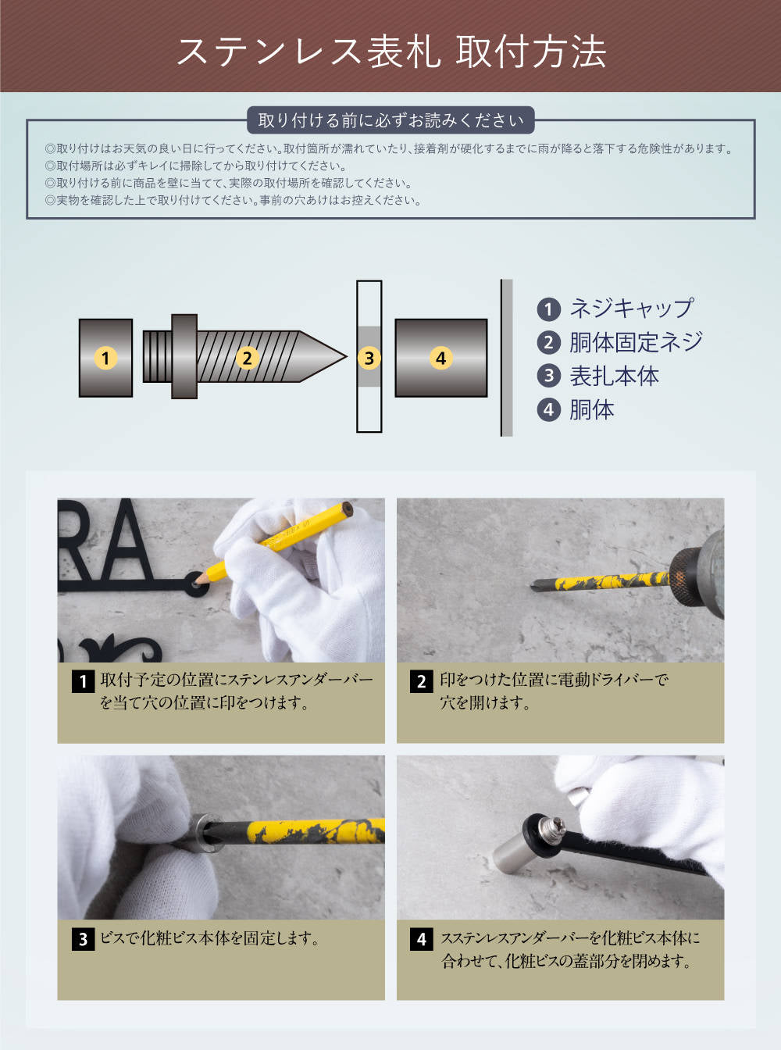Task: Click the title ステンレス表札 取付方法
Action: click(390, 52)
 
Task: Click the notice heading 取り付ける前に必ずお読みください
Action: click(390, 120)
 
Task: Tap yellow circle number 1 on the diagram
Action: click(105, 358)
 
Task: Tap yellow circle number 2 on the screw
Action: click(247, 358)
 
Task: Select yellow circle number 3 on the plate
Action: click(369, 358)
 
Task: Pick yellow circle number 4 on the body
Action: click(440, 358)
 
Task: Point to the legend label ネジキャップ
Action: click(630, 309)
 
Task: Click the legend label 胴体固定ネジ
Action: click(635, 342)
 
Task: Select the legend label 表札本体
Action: click(614, 376)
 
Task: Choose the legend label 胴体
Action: click(591, 409)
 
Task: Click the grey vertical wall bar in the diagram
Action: click(507, 358)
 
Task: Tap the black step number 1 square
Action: click(83, 681)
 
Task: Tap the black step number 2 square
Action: click(421, 681)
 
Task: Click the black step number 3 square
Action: click(83, 939)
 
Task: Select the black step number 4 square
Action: click(421, 939)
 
